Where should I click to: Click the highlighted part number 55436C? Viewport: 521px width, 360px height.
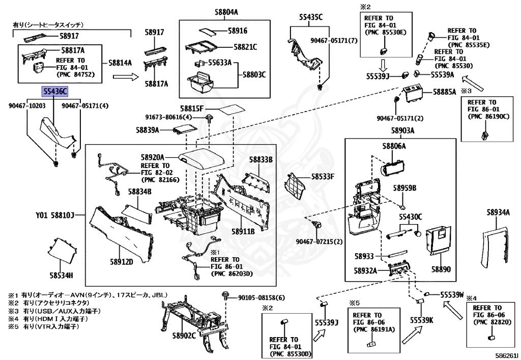click(54, 92)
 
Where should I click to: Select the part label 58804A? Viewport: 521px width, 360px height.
click(211, 12)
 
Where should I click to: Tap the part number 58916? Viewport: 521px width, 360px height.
click(238, 31)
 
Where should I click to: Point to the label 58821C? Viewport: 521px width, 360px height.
click(245, 47)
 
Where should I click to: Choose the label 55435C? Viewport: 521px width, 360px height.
click(311, 17)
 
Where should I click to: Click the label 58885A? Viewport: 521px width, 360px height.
click(445, 93)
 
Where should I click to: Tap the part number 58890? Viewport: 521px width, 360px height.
click(441, 268)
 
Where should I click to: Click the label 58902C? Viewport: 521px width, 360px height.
click(184, 336)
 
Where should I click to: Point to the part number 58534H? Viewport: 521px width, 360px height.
click(61, 275)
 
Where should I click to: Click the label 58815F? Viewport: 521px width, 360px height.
click(191, 109)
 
